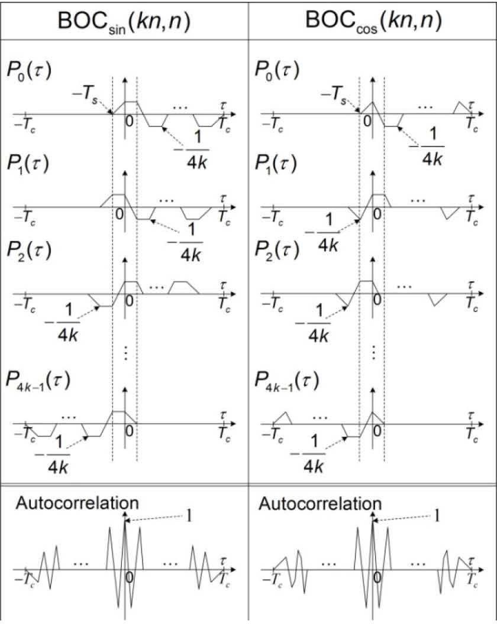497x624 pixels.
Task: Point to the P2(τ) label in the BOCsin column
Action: coord(29,251)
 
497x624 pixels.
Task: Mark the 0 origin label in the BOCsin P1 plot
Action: coord(119,213)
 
